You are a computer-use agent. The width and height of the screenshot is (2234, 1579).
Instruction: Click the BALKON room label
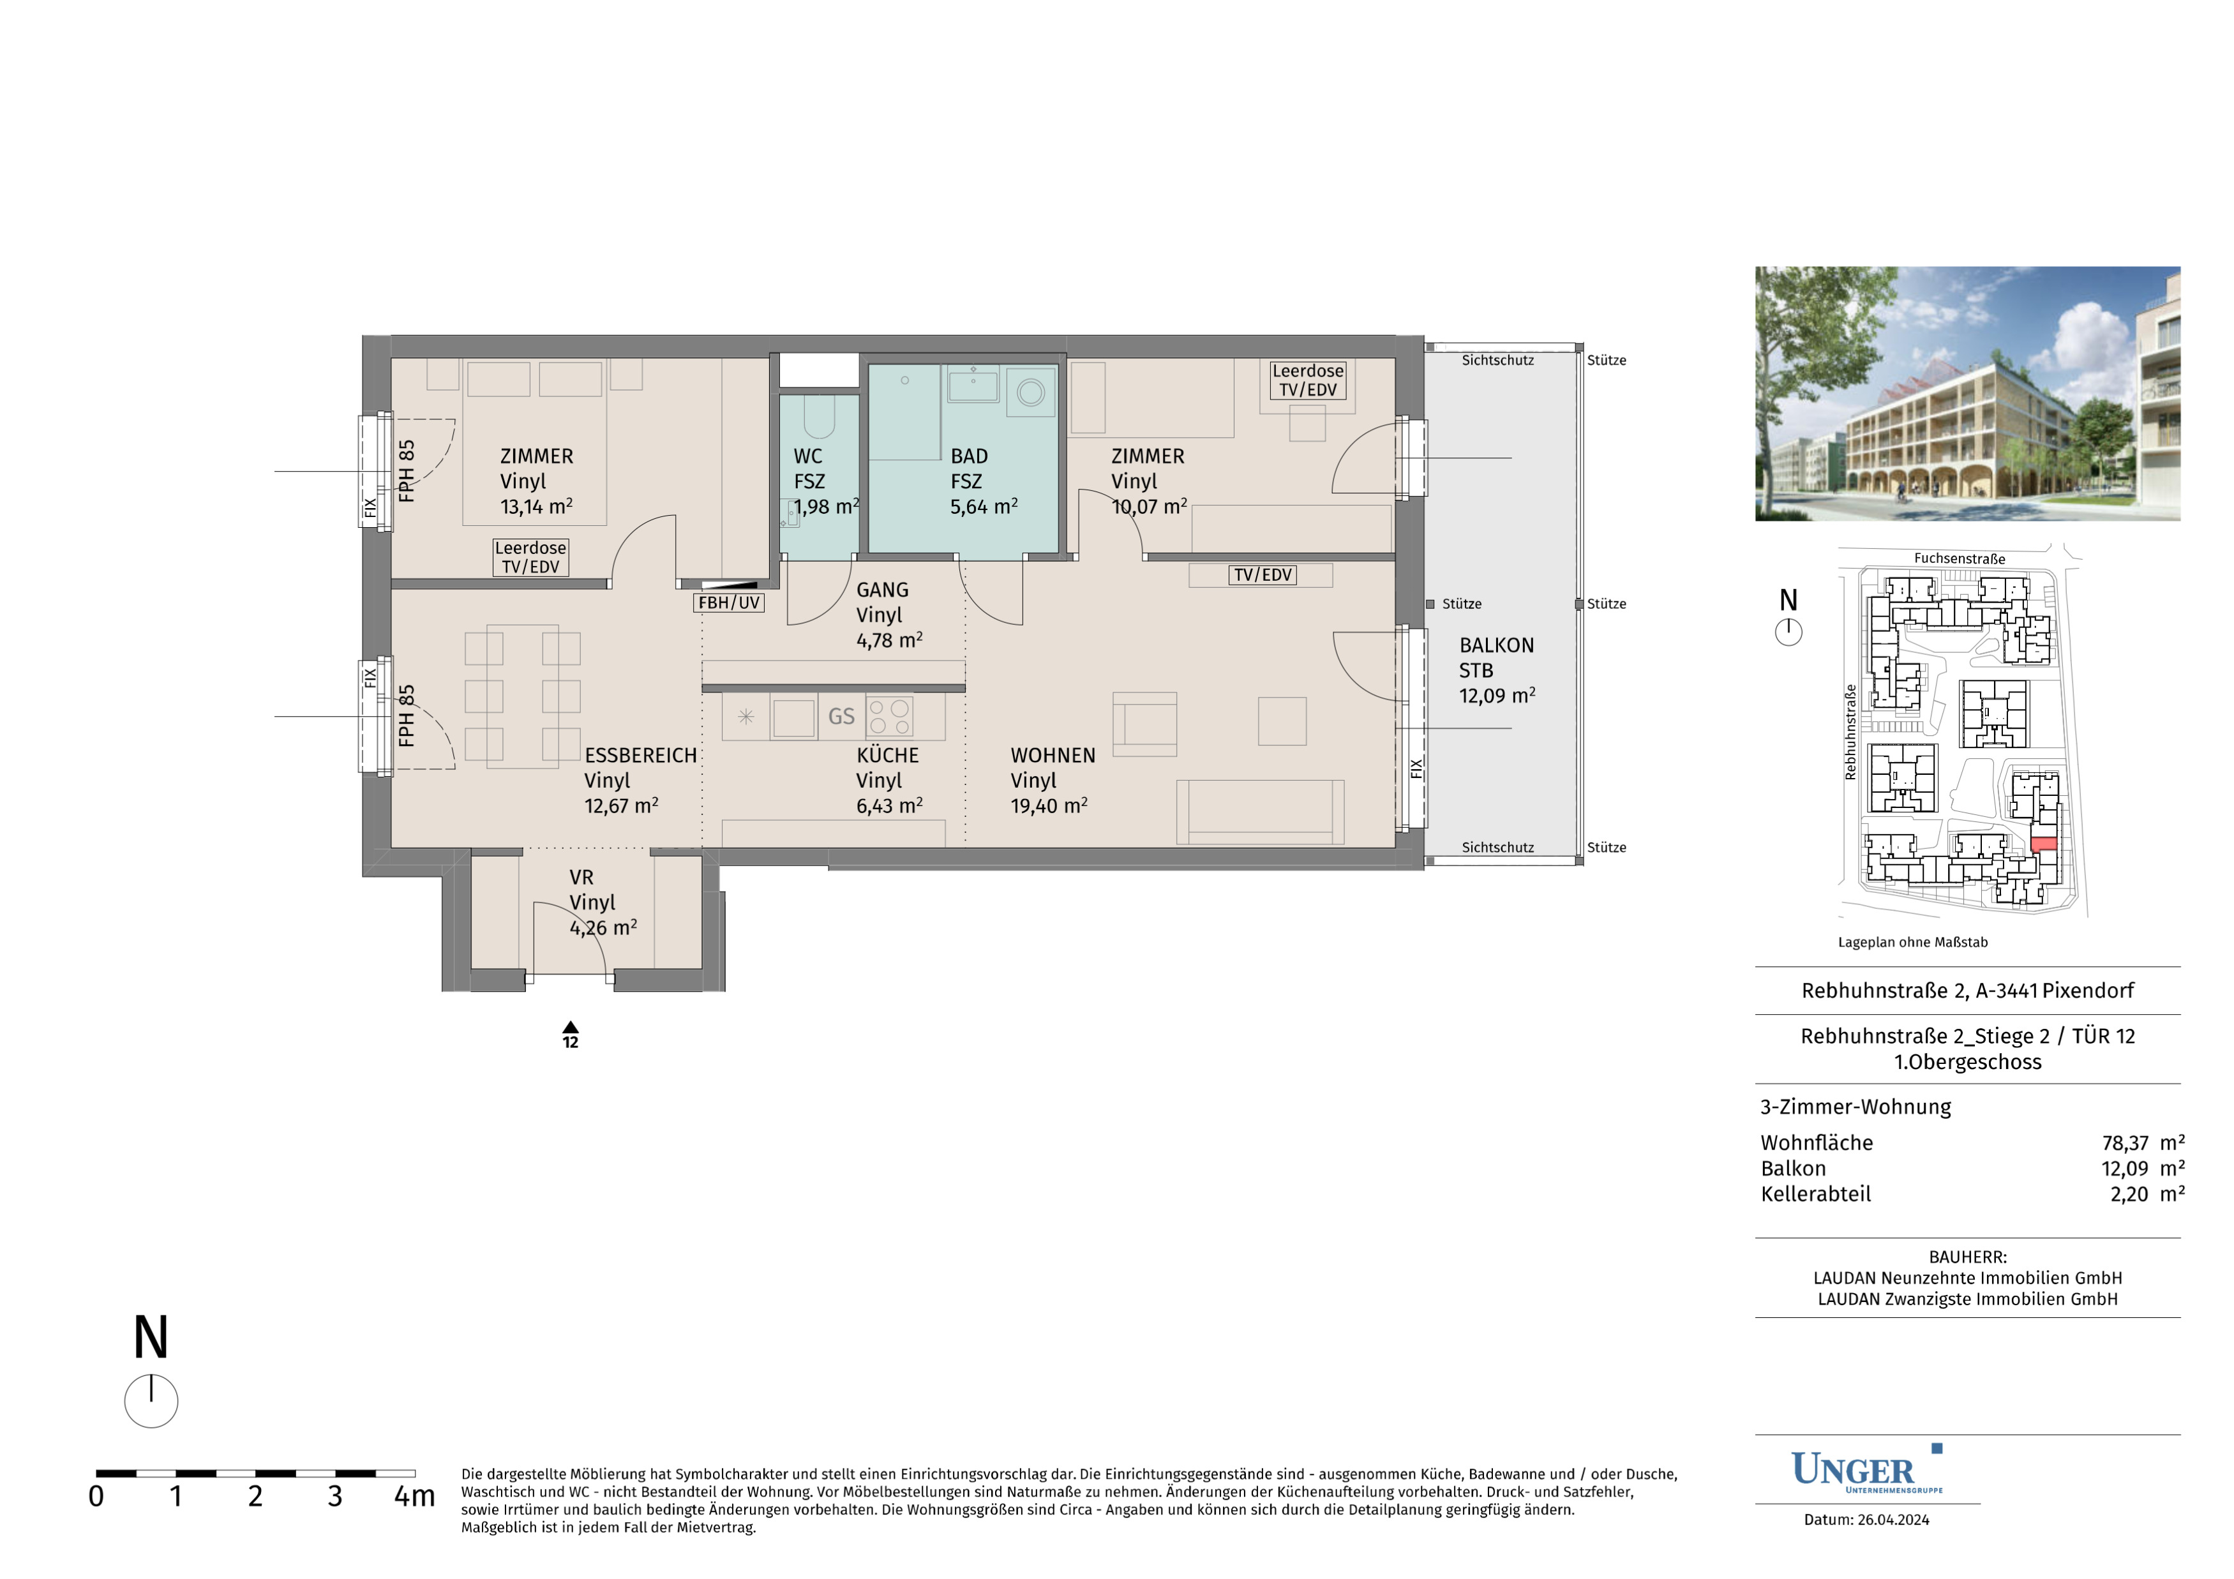tap(1497, 645)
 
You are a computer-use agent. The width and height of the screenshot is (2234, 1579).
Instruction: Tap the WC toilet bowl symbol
tap(820, 417)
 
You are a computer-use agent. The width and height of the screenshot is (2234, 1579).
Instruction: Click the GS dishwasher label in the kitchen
tap(841, 717)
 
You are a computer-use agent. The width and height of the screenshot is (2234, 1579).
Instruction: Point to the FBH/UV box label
tap(729, 603)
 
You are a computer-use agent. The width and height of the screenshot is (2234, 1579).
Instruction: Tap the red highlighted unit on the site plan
tap(2043, 844)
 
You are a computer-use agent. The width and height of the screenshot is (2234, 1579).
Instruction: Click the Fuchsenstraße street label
tap(1960, 558)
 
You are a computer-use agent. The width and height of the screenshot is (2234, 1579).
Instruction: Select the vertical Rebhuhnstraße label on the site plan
tap(1850, 731)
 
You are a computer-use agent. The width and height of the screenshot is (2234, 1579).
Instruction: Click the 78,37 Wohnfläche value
tap(2125, 1143)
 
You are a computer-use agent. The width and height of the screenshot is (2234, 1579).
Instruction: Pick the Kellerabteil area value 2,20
tap(2129, 1194)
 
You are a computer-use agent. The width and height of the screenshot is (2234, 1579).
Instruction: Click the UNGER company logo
tap(1867, 1469)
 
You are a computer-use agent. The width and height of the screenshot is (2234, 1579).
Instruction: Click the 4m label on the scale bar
tap(414, 1496)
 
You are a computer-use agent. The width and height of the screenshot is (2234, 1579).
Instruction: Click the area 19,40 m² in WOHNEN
tap(1049, 805)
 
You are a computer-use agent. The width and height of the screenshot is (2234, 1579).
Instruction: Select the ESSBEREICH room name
tap(640, 755)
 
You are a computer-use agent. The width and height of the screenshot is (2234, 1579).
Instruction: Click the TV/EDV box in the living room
tap(1263, 575)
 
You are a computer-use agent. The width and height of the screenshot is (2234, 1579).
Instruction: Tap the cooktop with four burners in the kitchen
tap(889, 716)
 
